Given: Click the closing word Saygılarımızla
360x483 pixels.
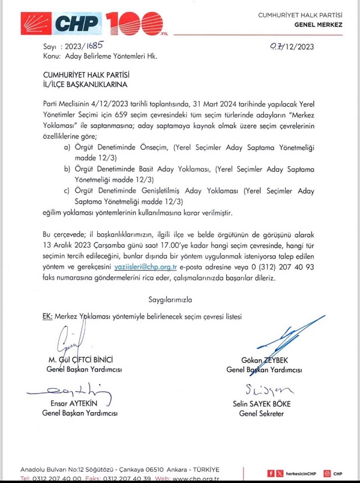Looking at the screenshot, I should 170,298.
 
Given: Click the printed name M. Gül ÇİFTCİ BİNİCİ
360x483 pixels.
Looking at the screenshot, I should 80,359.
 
